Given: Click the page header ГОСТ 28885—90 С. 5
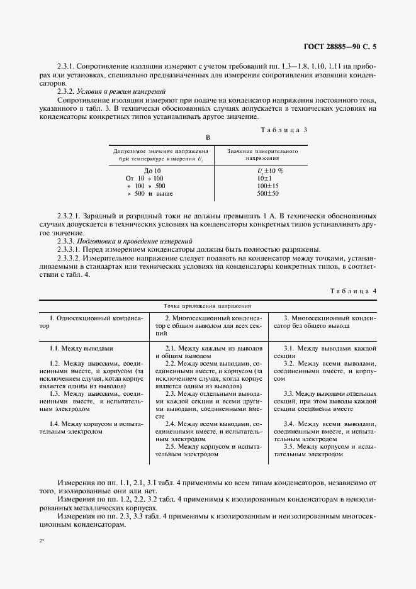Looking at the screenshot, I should point(340,46).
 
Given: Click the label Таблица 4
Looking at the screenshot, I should point(352,291).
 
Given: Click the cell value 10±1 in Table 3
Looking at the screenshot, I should point(263,178).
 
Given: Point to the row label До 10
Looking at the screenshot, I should point(153,170).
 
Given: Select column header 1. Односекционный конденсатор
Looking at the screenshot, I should point(95,322).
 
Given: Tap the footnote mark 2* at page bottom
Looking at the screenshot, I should point(42,540).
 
